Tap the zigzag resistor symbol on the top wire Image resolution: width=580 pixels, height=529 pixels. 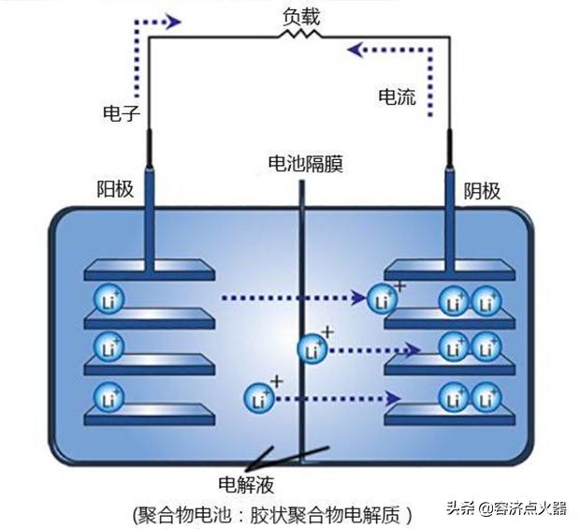pos(301,35)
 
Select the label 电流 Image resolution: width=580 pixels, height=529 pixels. pos(397,96)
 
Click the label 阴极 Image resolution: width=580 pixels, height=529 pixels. pos(483,191)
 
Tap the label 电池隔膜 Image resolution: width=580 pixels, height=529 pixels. pos(305,165)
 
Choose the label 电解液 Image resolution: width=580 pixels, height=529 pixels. pos(246,485)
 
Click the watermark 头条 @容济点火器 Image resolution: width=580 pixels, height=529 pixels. pos(506,509)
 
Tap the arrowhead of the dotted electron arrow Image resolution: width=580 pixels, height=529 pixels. pos(172,21)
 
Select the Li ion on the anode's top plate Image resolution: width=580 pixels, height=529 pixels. pos(106,301)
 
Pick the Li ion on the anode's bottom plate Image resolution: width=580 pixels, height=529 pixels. pos(106,394)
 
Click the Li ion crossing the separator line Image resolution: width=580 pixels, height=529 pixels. pos(312,350)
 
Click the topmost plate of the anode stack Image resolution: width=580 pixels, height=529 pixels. pos(150,272)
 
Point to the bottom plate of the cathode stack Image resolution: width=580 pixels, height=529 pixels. pos(449,413)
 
